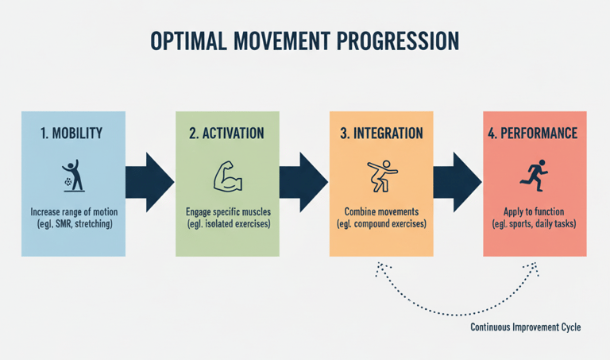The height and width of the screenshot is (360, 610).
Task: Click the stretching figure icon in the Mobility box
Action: click(72, 176)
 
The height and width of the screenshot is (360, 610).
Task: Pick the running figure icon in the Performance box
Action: click(534, 175)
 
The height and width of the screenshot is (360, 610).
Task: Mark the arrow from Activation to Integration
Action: click(303, 182)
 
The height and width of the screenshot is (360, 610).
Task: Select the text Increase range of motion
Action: click(72, 213)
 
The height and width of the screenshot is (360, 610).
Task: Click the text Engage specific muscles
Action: click(226, 213)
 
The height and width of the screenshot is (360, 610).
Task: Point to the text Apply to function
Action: click(534, 213)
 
